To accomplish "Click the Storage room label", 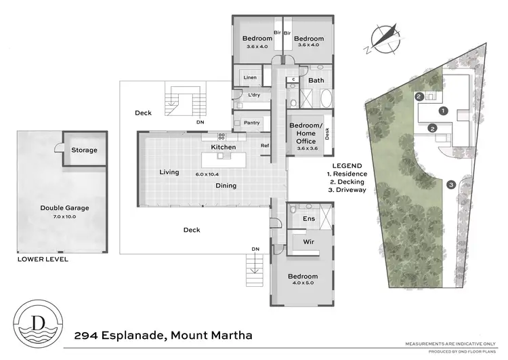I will pyautogui.click(x=84, y=151).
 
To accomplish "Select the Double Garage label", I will pyautogui.click(x=64, y=208).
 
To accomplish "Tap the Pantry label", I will pyautogui.click(x=251, y=123).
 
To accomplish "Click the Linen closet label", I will pyautogui.click(x=250, y=78).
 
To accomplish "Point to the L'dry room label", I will pyautogui.click(x=254, y=95).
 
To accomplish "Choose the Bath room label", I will pyautogui.click(x=316, y=81).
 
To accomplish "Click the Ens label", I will pyautogui.click(x=309, y=219).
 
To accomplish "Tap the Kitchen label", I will pyautogui.click(x=224, y=147).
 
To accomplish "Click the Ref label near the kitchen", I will pyautogui.click(x=265, y=145).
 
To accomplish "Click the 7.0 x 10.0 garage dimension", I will pyautogui.click(x=64, y=216).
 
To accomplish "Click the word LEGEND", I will pyautogui.click(x=347, y=165).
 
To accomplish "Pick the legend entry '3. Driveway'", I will pyautogui.click(x=347, y=191).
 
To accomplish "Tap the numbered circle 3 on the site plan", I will pyautogui.click(x=450, y=184).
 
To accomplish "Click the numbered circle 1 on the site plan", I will pyautogui.click(x=443, y=110).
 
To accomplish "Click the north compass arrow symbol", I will pyautogui.click(x=383, y=37).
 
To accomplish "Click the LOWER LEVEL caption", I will pyautogui.click(x=43, y=259).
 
